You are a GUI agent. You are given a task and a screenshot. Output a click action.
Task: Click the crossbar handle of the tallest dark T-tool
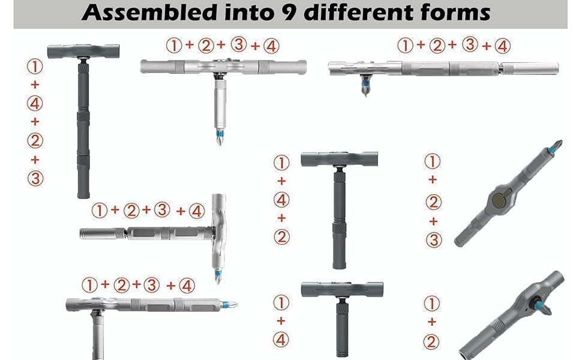pyautogui.click(x=83, y=52)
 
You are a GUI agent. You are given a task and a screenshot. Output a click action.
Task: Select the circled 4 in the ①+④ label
pyautogui.click(x=281, y=340)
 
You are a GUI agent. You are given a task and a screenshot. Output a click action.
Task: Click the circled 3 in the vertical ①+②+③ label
pyautogui.click(x=432, y=240)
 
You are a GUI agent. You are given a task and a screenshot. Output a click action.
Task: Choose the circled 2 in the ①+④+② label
pyautogui.click(x=281, y=236)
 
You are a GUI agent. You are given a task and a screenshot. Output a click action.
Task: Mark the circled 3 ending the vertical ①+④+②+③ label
pyautogui.click(x=35, y=178)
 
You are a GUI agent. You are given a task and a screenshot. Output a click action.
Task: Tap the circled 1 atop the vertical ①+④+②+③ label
pyautogui.click(x=35, y=66)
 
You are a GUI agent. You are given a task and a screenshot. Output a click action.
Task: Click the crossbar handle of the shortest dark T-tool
pyautogui.click(x=342, y=290)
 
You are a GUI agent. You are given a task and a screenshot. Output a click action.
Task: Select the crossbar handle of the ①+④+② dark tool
pyautogui.click(x=340, y=160)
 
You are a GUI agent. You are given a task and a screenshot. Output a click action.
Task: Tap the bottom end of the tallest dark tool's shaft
pyautogui.click(x=83, y=193)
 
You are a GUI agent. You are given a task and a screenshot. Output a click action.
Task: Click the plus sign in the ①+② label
pyautogui.click(x=432, y=322)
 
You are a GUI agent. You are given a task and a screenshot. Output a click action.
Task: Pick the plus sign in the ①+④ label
pyautogui.click(x=281, y=321)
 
